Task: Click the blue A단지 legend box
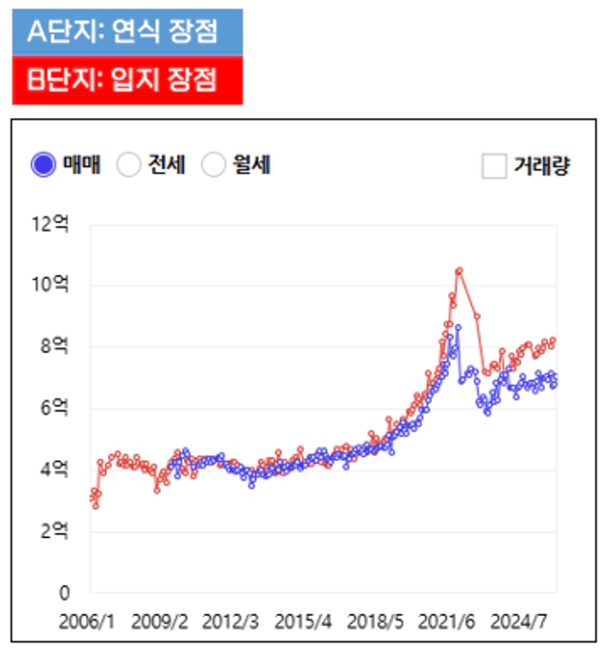(127, 32)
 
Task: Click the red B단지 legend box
(127, 80)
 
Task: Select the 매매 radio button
(44, 165)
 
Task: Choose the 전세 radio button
(129, 165)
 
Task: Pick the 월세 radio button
(213, 165)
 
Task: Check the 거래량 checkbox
(493, 165)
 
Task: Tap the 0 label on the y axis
(64, 593)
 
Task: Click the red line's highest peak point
(459, 271)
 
